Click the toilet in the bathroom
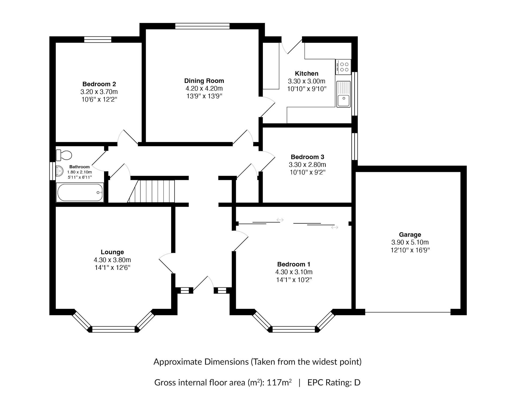[64, 155]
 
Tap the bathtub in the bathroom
[80, 192]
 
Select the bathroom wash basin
[59, 171]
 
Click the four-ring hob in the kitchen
[343, 67]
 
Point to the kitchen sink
[343, 94]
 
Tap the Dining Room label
[204, 81]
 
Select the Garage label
[410, 235]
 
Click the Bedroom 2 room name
[99, 84]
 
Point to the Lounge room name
[112, 252]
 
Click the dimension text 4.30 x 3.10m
[294, 272]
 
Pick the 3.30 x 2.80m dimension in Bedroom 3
[307, 164]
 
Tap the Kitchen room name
[307, 73]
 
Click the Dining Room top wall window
[203, 26]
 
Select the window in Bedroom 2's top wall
[98, 39]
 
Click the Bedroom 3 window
[355, 146]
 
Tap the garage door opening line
[408, 312]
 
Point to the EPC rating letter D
[357, 383]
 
